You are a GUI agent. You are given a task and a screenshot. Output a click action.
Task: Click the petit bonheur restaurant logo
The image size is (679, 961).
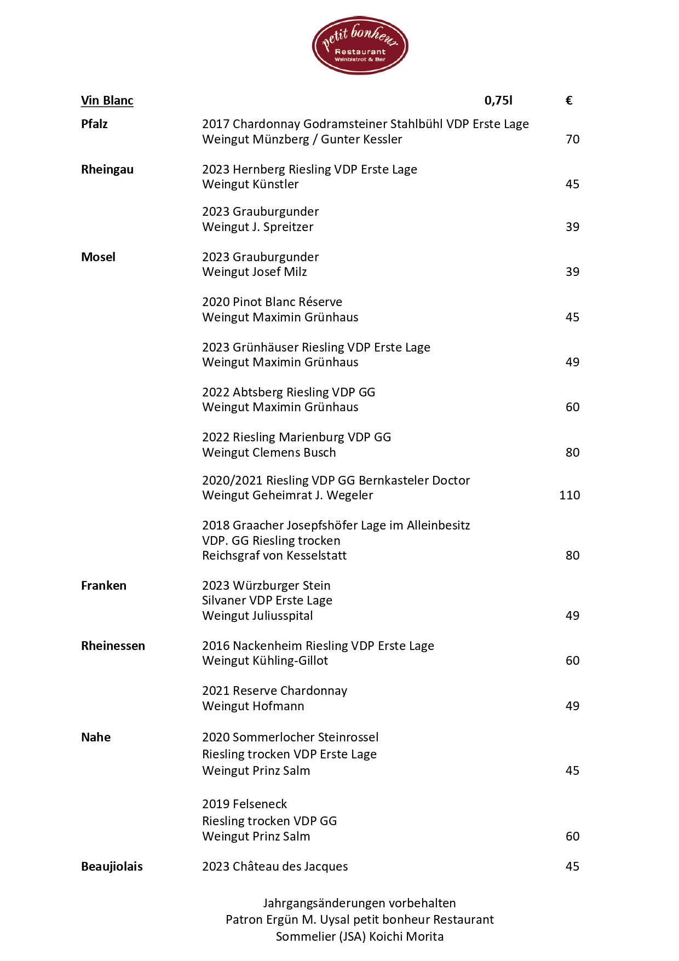pos(360,45)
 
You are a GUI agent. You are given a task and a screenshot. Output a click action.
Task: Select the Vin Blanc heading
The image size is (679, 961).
pos(107,100)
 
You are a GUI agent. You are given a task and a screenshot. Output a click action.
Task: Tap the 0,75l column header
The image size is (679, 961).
pos(498,100)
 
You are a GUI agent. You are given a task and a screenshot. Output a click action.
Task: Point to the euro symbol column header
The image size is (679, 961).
pos(569,100)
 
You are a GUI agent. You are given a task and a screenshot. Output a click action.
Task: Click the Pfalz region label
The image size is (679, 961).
pos(94,124)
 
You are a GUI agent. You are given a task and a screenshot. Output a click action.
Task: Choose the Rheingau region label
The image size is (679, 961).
pos(107,169)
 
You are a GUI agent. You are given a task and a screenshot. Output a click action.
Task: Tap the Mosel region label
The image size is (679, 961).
pos(98,257)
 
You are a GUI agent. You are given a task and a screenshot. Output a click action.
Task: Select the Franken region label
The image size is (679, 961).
pos(103,585)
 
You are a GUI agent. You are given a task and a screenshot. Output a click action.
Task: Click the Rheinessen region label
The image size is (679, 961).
pos(113,646)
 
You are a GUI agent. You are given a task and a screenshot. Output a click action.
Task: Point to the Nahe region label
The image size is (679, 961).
pos(96,737)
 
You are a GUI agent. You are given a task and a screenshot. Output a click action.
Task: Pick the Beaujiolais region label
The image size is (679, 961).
pos(112,866)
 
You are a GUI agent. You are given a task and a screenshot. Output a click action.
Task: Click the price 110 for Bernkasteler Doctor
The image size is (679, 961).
pos(569,495)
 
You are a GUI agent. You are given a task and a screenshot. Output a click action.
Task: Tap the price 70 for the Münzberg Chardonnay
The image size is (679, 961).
pos(572,139)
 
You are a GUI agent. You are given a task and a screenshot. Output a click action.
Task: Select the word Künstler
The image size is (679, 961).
pos(275,184)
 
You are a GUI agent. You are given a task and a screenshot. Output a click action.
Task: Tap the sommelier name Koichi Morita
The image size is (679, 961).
pos(406,936)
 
